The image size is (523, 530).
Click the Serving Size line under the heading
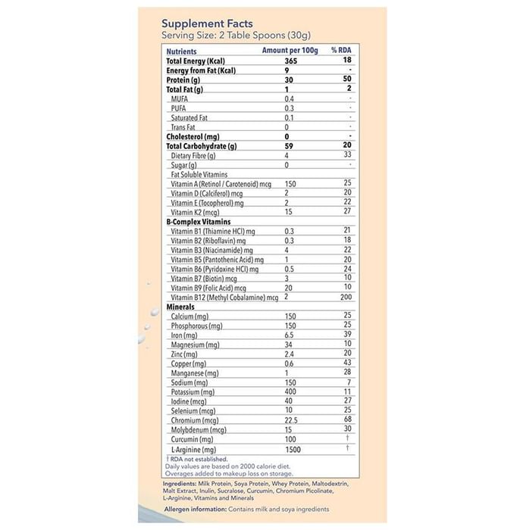coord(236,36)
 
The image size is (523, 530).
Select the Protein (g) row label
coord(183,79)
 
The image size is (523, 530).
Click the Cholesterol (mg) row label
coord(192,137)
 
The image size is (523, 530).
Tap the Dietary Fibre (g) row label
coord(193,156)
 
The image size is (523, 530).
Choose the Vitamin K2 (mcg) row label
coord(196,213)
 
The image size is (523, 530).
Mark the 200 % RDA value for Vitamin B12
coord(347,298)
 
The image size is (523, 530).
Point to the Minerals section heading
coord(180,307)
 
